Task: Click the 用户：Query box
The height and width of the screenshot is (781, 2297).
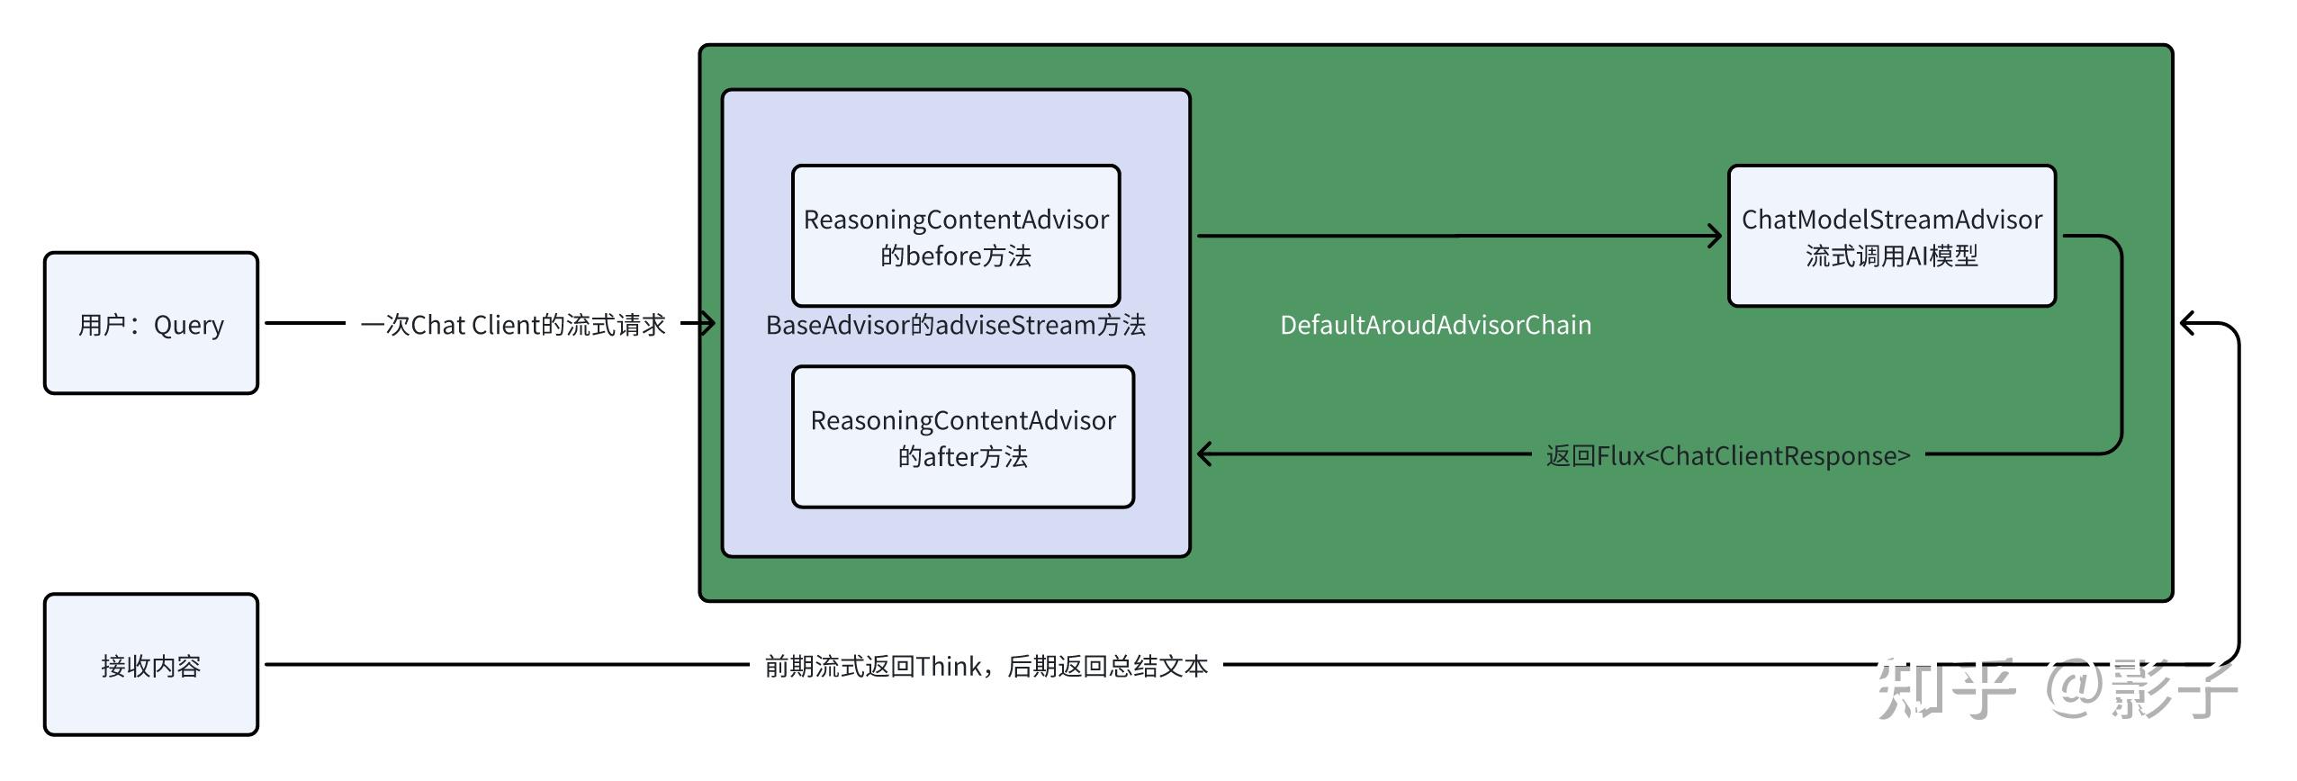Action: coord(150,323)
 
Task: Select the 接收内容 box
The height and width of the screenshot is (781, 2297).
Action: coord(150,665)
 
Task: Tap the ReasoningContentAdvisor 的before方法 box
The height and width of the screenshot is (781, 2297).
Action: coord(956,236)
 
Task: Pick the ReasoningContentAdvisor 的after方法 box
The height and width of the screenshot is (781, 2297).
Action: coord(962,437)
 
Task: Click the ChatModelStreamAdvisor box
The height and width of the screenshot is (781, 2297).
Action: coord(1891,236)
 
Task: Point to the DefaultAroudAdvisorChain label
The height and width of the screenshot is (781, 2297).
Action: coord(1436,325)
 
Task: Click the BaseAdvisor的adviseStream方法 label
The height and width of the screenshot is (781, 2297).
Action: coord(955,325)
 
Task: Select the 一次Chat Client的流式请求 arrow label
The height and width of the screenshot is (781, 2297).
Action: coord(513,325)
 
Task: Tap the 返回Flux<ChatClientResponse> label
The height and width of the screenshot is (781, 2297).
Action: coord(1728,455)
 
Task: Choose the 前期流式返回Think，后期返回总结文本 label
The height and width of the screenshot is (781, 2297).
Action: coord(986,666)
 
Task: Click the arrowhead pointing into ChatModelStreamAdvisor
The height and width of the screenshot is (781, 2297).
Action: coord(1715,237)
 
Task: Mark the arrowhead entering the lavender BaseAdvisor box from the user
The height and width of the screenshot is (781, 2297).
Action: coord(707,323)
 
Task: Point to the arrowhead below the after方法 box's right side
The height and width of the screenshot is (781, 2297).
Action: coord(1204,454)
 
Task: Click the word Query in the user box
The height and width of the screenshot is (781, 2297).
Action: coord(188,325)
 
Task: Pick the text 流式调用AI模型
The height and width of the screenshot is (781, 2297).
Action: coord(1891,256)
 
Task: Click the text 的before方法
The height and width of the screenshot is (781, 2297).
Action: coord(956,256)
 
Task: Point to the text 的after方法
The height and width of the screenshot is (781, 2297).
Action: coord(962,457)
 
